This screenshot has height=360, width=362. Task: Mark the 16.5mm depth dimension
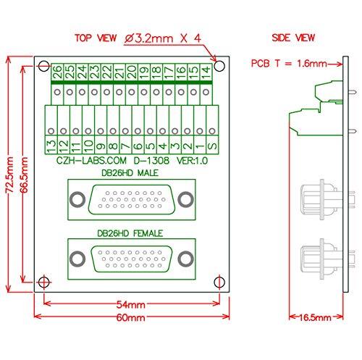pos(313,317)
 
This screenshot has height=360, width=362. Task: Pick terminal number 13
pos(50,144)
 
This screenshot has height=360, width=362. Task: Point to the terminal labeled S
pos(211,144)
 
